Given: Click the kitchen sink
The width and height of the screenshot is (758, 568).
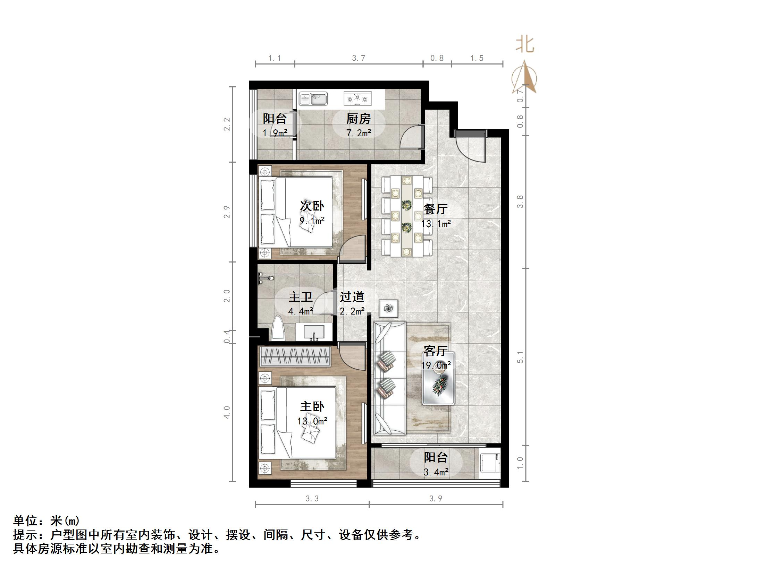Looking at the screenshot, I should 313,99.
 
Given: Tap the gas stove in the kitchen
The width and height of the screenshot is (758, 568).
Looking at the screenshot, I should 357,98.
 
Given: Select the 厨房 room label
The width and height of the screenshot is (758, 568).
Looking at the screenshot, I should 358,119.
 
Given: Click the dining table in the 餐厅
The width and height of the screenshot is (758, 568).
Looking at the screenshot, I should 406,216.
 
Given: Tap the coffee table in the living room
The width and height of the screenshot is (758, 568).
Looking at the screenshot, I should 438,379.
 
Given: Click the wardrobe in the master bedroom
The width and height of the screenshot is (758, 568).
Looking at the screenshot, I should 295,356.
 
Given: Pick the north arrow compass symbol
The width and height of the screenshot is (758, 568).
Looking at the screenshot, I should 524,78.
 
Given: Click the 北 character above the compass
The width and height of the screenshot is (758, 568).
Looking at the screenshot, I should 524,45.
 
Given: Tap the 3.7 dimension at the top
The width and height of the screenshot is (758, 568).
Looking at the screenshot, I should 359,58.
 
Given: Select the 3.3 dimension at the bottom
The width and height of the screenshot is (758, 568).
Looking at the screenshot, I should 312,499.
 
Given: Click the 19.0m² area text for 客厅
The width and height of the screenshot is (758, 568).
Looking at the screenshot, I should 436,365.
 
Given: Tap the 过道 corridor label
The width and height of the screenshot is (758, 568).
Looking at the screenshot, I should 352,297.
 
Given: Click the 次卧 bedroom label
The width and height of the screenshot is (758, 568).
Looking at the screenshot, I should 312,206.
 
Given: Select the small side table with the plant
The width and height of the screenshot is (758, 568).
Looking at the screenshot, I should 388,308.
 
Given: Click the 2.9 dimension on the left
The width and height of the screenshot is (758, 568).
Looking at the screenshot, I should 227,212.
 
